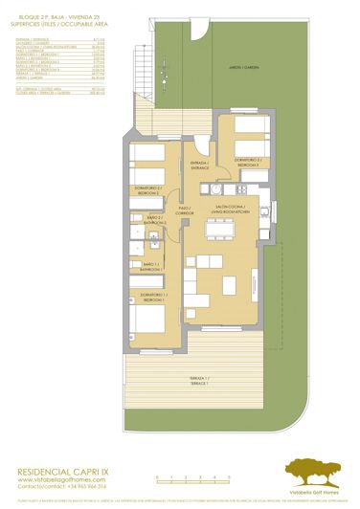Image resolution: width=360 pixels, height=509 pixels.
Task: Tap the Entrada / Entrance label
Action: pyautogui.click(x=199, y=166)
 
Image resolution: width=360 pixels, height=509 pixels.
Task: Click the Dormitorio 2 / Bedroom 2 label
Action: pyautogui.click(x=147, y=189)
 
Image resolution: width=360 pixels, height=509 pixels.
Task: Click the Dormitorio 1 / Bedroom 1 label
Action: pyautogui.click(x=153, y=296)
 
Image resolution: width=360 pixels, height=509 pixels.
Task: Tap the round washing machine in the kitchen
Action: pyautogui.click(x=220, y=178)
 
